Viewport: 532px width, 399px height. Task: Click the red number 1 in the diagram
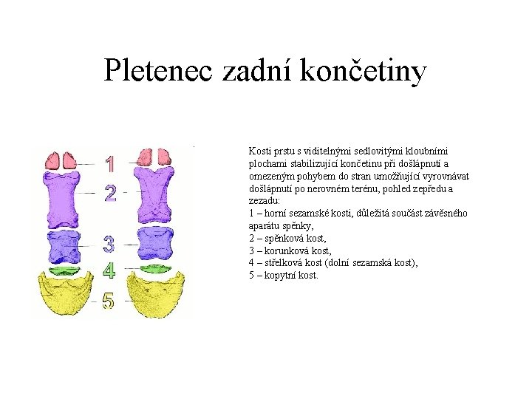pyautogui.click(x=110, y=163)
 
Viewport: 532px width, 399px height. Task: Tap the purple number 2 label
pyautogui.click(x=110, y=193)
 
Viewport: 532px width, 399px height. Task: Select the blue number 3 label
pyautogui.click(x=109, y=243)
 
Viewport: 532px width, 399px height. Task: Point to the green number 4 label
pyautogui.click(x=109, y=270)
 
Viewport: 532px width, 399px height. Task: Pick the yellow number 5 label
pyautogui.click(x=109, y=301)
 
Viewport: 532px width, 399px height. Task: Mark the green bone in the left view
pyautogui.click(x=62, y=270)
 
